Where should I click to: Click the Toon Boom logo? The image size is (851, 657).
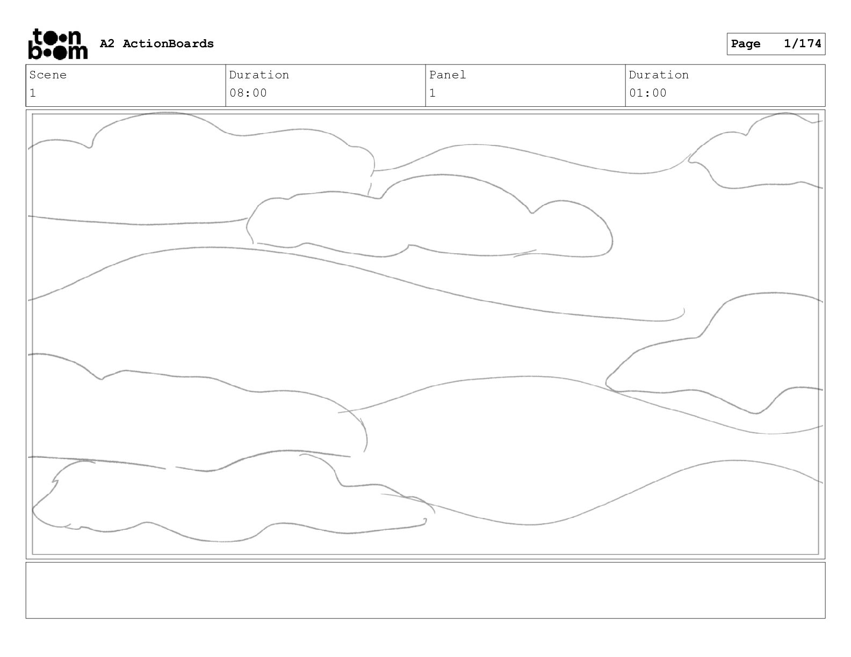pyautogui.click(x=57, y=44)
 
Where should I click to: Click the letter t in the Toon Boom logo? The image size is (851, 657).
pyautogui.click(x=38, y=36)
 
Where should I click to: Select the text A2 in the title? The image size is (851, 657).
pyautogui.click(x=107, y=44)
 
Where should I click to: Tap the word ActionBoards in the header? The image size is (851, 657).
pyautogui.click(x=168, y=44)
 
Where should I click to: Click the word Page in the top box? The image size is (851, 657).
pyautogui.click(x=746, y=44)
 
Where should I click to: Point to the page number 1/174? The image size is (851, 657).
pyautogui.click(x=803, y=44)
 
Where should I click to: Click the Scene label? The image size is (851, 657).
pyautogui.click(x=48, y=75)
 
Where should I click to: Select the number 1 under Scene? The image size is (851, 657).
pyautogui.click(x=33, y=93)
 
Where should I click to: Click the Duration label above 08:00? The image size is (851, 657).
pyautogui.click(x=259, y=75)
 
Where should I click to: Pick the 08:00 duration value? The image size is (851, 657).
pyautogui.click(x=248, y=93)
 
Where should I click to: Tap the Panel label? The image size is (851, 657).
pyautogui.click(x=448, y=75)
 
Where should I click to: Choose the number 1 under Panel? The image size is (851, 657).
pyautogui.click(x=432, y=93)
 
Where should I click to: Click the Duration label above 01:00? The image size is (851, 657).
pyautogui.click(x=659, y=75)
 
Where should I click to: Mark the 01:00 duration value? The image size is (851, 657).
pyautogui.click(x=647, y=93)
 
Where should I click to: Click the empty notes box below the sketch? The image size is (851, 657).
pyautogui.click(x=425, y=590)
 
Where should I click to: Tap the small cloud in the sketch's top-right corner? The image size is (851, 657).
pyautogui.click(x=763, y=156)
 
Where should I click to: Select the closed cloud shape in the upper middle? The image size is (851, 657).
pyautogui.click(x=430, y=220)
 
